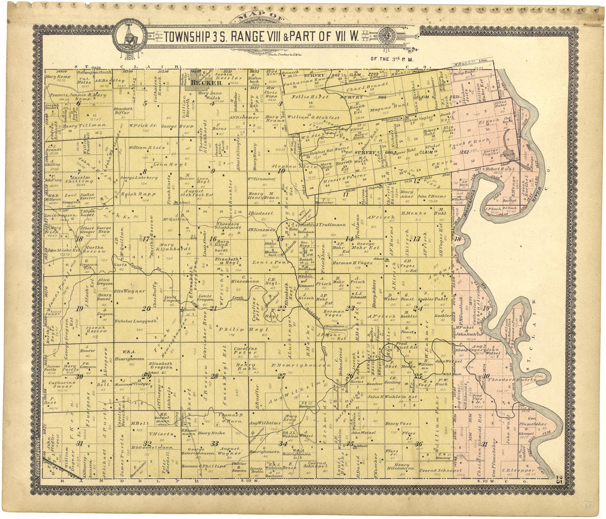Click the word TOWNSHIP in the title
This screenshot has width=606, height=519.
coord(187,37)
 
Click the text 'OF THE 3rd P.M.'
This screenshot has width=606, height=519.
coord(394,59)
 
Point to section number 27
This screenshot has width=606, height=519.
coord(281,376)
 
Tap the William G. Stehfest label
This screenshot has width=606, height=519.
coord(314,118)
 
